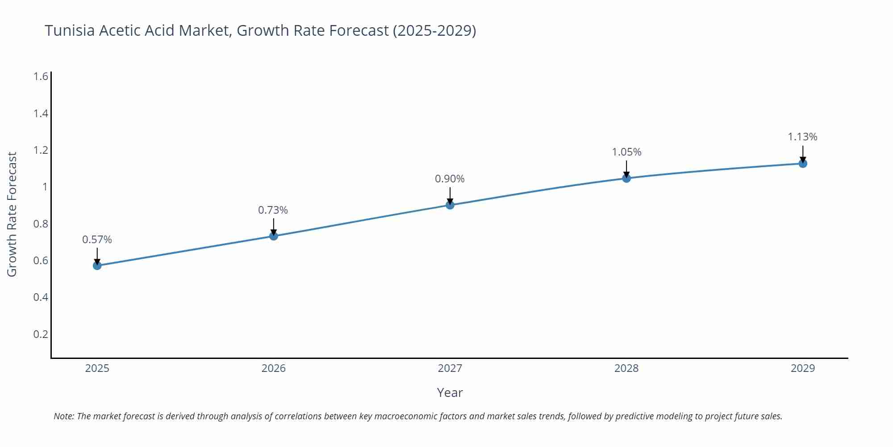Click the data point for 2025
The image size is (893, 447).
97,266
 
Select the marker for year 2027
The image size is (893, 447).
450,205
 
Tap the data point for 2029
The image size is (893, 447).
803,164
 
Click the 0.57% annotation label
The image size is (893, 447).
97,240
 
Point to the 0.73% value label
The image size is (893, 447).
273,210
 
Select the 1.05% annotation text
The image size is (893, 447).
626,152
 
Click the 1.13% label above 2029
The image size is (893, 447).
802,137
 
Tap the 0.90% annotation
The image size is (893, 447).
450,179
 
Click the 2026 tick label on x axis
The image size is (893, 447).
273,368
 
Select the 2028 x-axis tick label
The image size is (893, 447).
626,368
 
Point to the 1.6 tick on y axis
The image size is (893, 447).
41,76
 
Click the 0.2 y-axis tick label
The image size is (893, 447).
41,334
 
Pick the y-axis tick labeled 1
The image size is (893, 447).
45,187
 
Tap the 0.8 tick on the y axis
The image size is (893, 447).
41,224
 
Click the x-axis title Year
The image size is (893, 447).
450,392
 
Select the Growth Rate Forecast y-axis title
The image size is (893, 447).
12,214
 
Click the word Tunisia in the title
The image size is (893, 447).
70,30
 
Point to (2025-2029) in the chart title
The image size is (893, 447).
434,30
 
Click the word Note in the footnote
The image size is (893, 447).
63,416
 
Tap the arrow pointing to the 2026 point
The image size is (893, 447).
274,227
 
